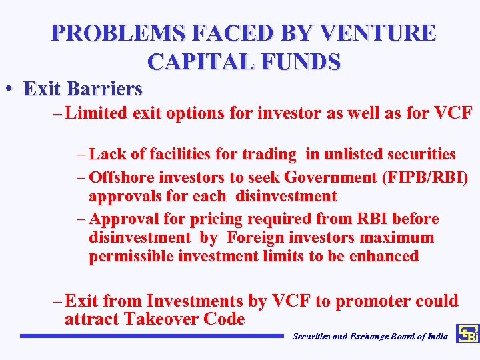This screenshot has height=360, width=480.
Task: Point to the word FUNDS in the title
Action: pyautogui.click(x=302, y=61)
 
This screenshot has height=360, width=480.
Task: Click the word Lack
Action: pyautogui.click(x=104, y=155)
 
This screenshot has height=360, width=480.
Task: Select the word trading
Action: pyautogui.click(x=269, y=155)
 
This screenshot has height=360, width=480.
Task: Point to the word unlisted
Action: pyautogui.click(x=346, y=155)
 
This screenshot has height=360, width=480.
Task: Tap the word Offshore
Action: pyautogui.click(x=121, y=177)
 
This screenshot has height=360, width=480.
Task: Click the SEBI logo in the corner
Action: pyautogui.click(x=467, y=335)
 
